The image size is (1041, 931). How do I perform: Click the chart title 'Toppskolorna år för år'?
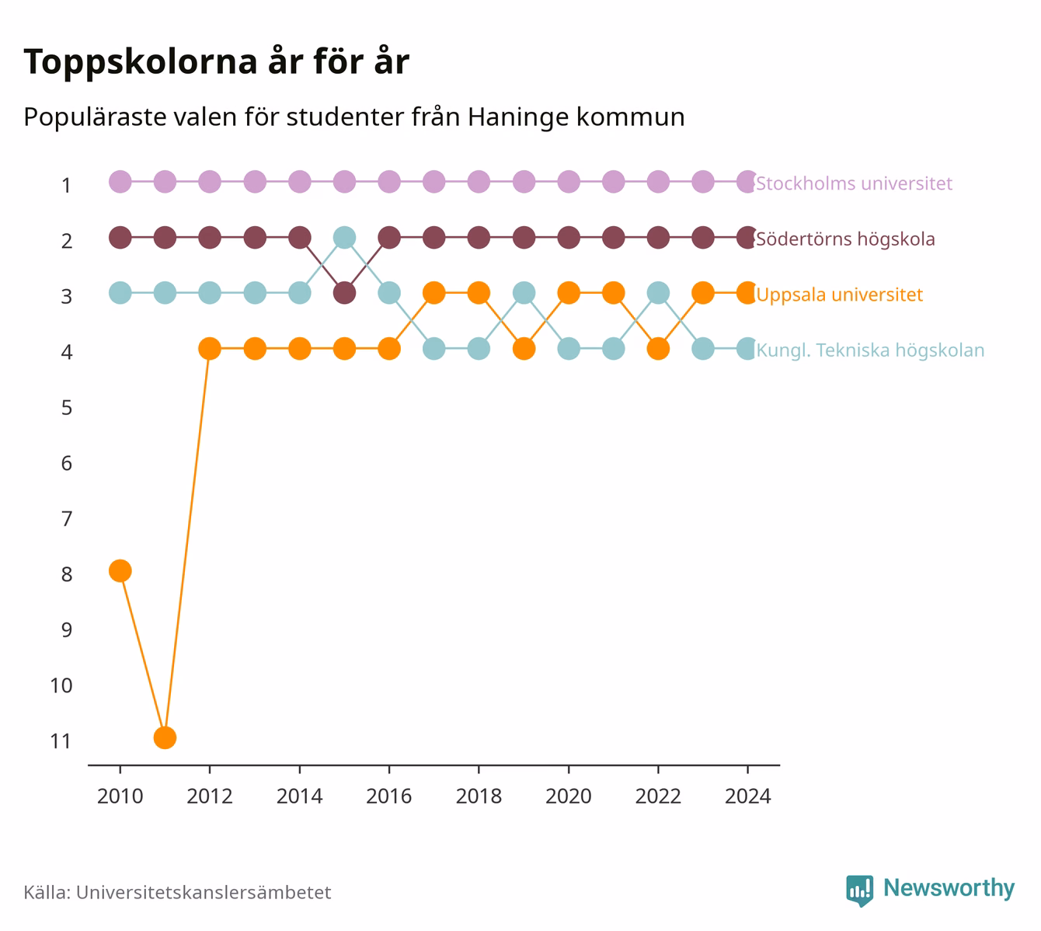216,61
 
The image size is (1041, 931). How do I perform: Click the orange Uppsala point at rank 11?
165,737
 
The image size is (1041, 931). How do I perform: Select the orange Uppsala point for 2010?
120,570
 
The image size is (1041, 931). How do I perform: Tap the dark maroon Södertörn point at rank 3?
344,294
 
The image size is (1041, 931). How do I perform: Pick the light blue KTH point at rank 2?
344,238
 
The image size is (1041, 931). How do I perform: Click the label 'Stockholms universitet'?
854,183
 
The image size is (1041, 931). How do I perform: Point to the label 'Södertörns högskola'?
845,239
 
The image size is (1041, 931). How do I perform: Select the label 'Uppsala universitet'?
840,295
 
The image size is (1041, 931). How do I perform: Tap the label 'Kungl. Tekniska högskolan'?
870,350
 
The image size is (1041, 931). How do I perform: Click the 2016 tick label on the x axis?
389,797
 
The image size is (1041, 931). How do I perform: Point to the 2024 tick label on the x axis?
747,797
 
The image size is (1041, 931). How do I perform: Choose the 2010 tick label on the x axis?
120,797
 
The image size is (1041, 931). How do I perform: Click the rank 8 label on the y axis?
67,574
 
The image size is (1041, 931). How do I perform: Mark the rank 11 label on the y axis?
61,741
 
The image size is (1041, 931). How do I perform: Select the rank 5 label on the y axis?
67,408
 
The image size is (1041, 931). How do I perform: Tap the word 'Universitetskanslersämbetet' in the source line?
204,892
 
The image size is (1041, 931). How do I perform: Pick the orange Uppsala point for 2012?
210,349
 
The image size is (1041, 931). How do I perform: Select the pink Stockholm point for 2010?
120,182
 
